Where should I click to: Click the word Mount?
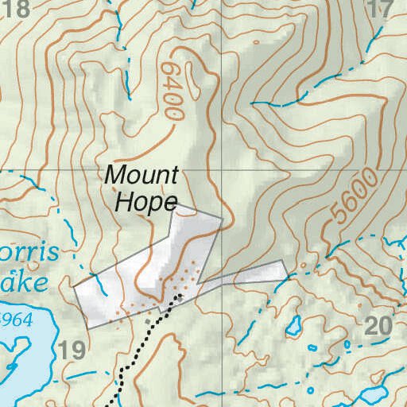142,175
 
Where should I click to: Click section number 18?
15,10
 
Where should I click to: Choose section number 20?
379,324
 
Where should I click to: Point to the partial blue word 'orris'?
29,254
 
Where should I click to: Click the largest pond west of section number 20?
293,324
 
